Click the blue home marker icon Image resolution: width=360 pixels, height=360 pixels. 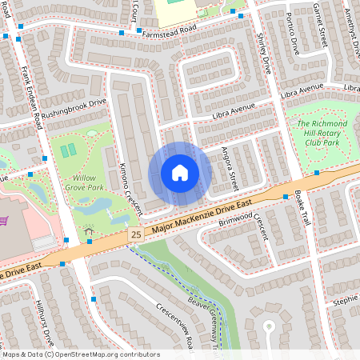[x=180, y=173]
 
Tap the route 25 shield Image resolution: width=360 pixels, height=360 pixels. [x=135, y=234]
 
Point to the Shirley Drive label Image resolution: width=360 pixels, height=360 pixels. [x=263, y=53]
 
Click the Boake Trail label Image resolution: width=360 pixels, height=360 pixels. [x=302, y=206]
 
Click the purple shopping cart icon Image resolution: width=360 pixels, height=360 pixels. [x=5, y=220]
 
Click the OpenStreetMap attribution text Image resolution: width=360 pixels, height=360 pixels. [x=81, y=354]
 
